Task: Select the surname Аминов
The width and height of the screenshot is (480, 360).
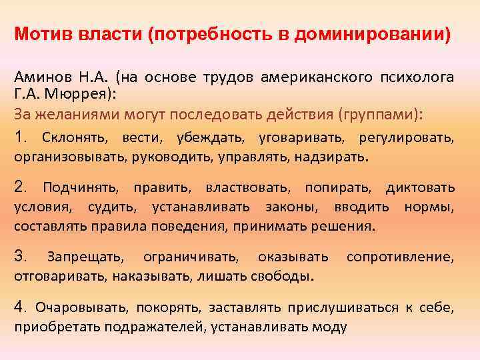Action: point(40,77)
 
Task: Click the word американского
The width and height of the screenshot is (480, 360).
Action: point(313,77)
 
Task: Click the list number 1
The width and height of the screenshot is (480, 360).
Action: point(21,137)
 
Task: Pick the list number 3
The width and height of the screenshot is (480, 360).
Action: point(21,257)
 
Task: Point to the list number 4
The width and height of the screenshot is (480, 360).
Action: point(21,307)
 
